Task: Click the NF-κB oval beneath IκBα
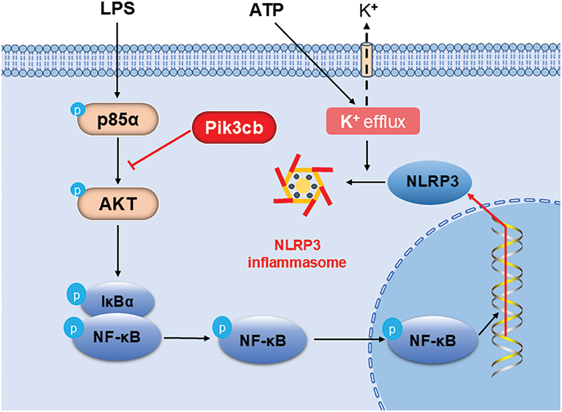117,337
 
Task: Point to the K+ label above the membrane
367,11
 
